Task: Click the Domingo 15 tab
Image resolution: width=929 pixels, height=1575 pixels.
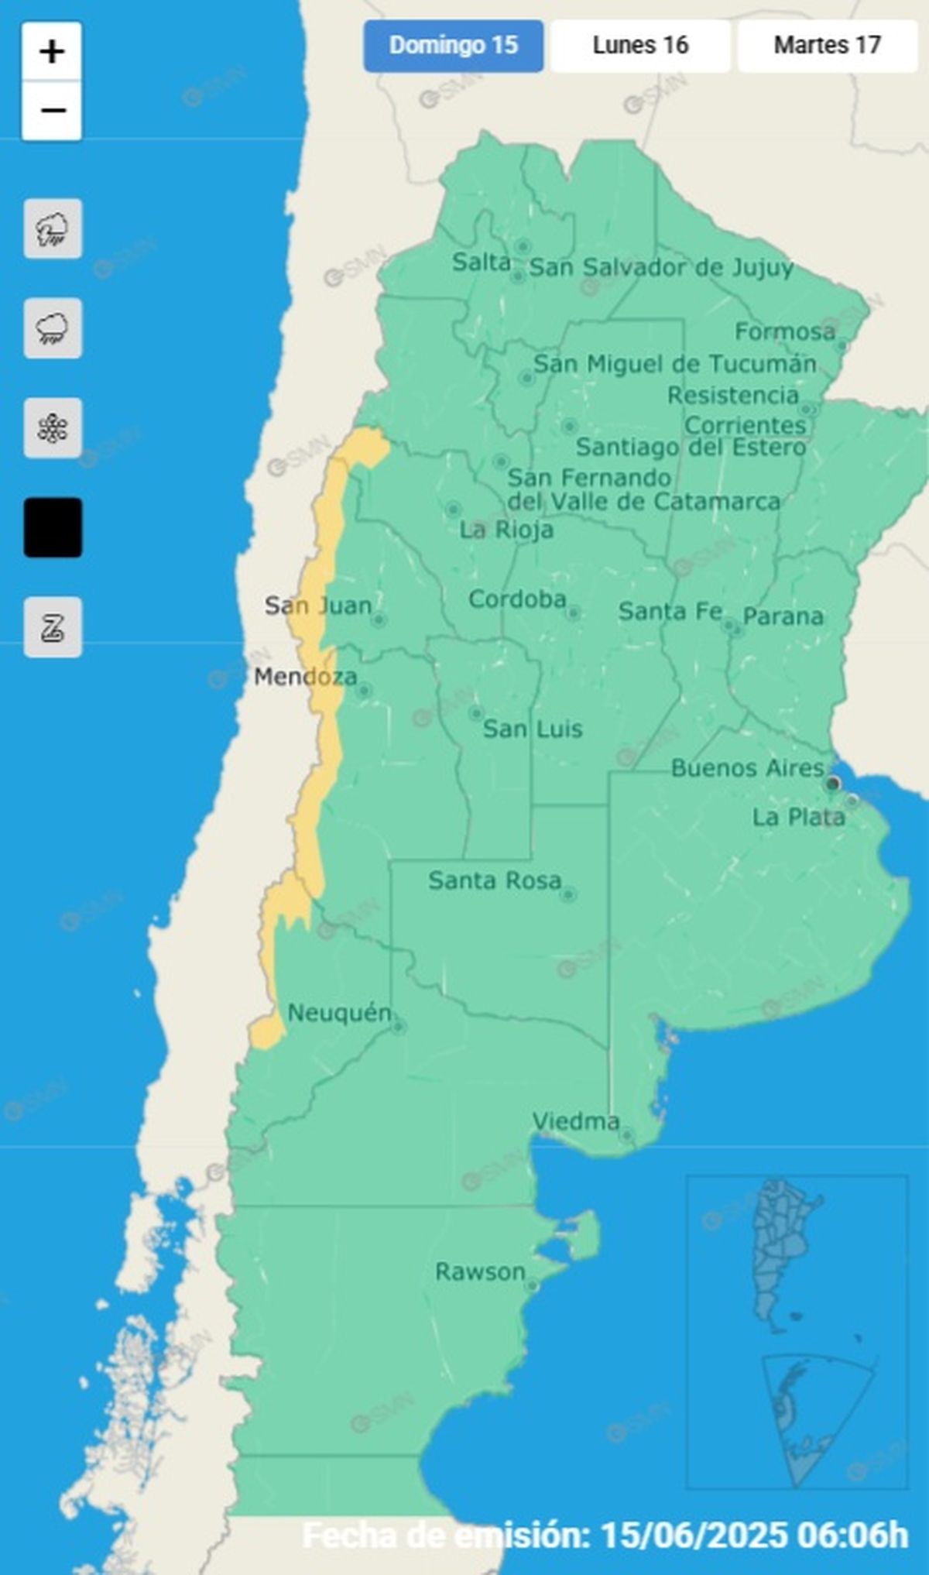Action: coord(453,46)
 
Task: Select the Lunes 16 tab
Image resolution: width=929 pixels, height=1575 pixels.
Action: coord(640,46)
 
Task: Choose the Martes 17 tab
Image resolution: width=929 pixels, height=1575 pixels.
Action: coord(827,46)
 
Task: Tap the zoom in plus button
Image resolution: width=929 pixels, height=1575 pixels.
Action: coord(52,53)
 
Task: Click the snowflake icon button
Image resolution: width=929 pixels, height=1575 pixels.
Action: coord(53,428)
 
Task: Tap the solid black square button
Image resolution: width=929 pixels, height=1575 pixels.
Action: coord(53,527)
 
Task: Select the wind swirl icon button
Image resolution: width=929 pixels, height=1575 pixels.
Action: coord(53,627)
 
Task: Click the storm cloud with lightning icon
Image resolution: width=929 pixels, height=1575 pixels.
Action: coord(53,229)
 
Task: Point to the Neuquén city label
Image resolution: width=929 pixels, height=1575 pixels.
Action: coord(339,1012)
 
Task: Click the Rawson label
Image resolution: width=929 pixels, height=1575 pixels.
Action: coord(480,1271)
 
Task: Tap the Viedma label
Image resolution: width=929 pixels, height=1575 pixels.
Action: coord(576,1121)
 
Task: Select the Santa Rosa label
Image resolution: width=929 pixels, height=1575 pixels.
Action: coord(495,880)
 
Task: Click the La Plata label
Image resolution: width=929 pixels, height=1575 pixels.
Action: coord(798,817)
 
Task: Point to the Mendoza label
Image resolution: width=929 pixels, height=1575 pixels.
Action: coord(306,677)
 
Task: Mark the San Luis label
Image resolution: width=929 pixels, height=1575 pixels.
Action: coord(533,729)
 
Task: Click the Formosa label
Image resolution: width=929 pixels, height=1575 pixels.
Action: coord(785,331)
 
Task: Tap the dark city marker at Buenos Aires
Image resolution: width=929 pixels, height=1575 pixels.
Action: coord(833,784)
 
